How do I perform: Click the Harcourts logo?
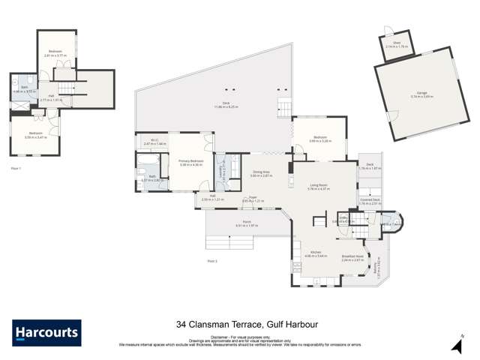point(46,332)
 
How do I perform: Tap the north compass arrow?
point(455,343)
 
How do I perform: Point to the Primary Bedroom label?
point(191,160)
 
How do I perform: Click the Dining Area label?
point(261,172)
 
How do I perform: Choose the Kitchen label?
point(316,253)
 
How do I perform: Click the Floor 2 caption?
point(212,260)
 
